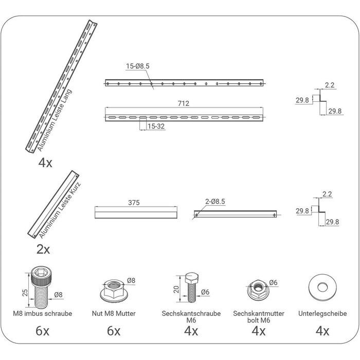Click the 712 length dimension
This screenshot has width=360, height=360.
pos(184,103)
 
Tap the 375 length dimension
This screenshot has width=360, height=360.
pos(134,203)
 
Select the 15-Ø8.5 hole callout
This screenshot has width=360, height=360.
pos(137,66)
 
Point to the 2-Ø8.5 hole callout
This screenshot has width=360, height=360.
pos(215,202)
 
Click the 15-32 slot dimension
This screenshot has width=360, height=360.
pos(156,127)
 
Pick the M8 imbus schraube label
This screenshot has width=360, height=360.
pos(43,314)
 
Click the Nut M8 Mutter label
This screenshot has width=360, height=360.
pos(114,314)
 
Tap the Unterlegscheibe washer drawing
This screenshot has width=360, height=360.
pos(322,287)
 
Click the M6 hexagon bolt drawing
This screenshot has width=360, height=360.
pos(192,287)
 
